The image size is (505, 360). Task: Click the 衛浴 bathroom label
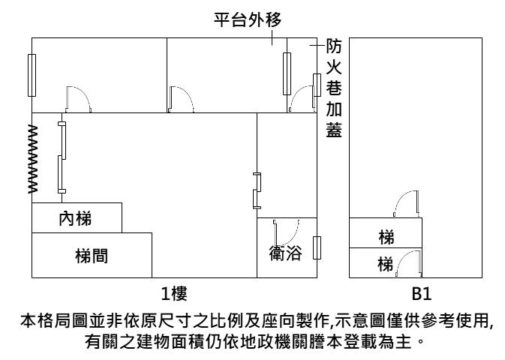coord(285,253)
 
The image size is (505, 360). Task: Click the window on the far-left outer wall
coord(32,75)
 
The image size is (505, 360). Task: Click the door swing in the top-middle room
coord(183,98)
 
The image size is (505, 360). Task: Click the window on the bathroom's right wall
coord(316,247)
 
